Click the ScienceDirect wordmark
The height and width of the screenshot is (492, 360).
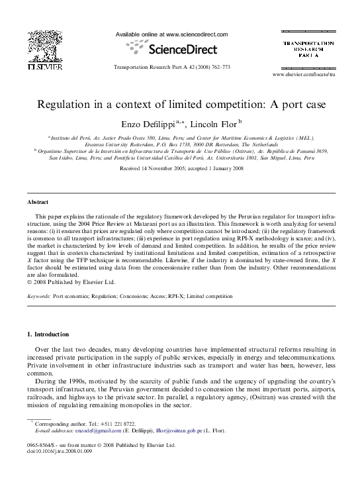[x=181, y=48]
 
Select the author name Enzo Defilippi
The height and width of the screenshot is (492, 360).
[x=149, y=124]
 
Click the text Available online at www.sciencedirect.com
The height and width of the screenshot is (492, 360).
[x=171, y=34]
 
